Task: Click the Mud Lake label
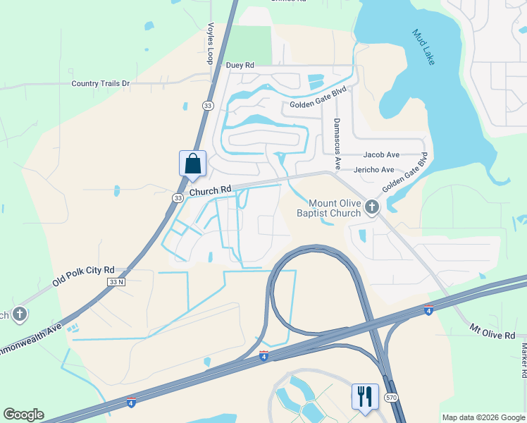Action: coord(423,47)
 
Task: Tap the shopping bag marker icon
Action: coord(193,164)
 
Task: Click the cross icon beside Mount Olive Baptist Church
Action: coord(372,207)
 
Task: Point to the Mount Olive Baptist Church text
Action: coord(329,208)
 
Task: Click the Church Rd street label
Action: coord(210,190)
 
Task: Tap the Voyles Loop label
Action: coord(209,44)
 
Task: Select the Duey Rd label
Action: coord(240,65)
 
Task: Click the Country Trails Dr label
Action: coord(101,83)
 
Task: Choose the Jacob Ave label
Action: coord(381,154)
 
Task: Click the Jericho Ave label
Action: coord(373,170)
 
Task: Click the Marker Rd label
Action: coord(523,359)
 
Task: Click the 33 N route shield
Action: coord(116,282)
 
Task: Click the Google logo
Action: coord(23,415)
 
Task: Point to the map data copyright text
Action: coord(483,417)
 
